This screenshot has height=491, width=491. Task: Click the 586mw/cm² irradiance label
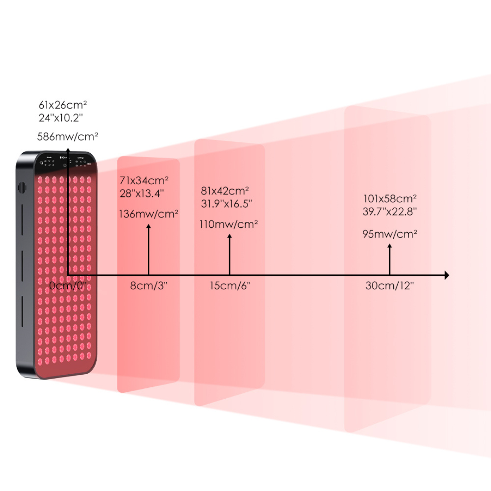point(68,136)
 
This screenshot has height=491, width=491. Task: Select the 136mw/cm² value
point(149,213)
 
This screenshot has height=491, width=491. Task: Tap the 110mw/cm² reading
point(229,224)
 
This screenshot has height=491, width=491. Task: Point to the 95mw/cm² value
point(390,234)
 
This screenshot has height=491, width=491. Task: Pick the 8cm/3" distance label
point(149,286)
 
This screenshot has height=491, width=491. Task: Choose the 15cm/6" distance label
point(230,286)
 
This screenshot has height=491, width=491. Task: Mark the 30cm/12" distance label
point(390,286)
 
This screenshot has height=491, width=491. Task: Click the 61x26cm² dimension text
point(63,105)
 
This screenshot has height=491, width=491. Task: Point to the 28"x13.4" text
point(142,193)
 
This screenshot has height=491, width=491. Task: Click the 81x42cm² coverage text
point(225,191)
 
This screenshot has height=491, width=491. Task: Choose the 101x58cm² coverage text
point(390,199)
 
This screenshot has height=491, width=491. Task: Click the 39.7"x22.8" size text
point(390,211)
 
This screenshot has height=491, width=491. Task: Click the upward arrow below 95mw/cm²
point(390,259)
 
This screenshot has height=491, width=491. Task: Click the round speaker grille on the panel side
point(21,187)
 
